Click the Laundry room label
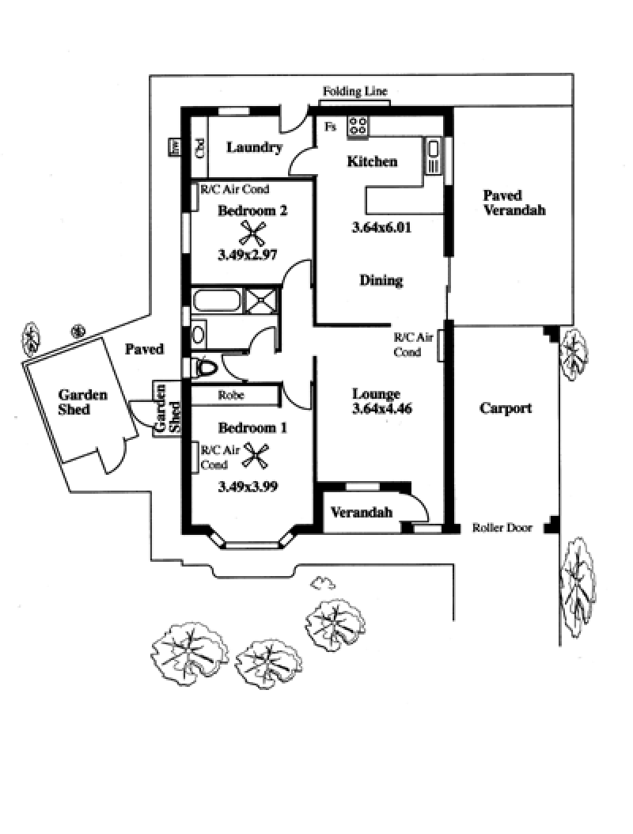pyautogui.click(x=254, y=147)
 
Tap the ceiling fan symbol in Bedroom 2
pyautogui.click(x=253, y=233)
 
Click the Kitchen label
pyautogui.click(x=372, y=161)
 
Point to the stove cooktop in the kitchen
pyautogui.click(x=358, y=125)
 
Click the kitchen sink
pyautogui.click(x=434, y=155)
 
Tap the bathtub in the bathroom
pyautogui.click(x=217, y=301)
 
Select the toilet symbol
pyautogui.click(x=205, y=368)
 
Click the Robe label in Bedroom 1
pyautogui.click(x=231, y=395)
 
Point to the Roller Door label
pyautogui.click(x=502, y=528)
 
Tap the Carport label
pyautogui.click(x=506, y=408)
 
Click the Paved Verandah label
pyautogui.click(x=514, y=203)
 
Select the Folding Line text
pyautogui.click(x=354, y=92)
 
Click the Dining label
pyautogui.click(x=381, y=280)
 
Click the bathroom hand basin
pyautogui.click(x=199, y=334)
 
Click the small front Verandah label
pyautogui.click(x=362, y=513)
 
